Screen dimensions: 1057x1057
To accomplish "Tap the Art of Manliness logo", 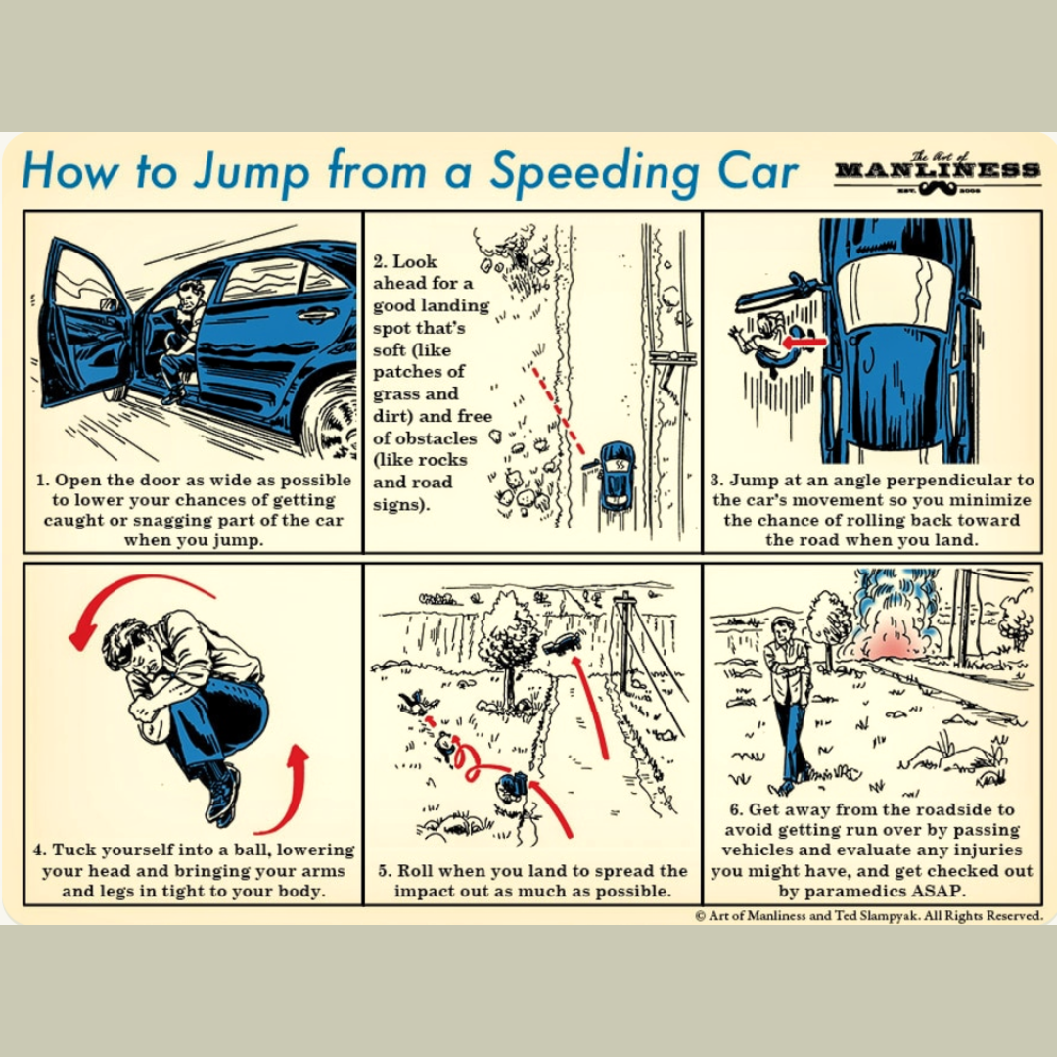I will click(937, 172).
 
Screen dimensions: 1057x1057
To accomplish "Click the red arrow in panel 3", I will click(804, 342).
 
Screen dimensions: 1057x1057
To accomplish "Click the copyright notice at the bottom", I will click(869, 916).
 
